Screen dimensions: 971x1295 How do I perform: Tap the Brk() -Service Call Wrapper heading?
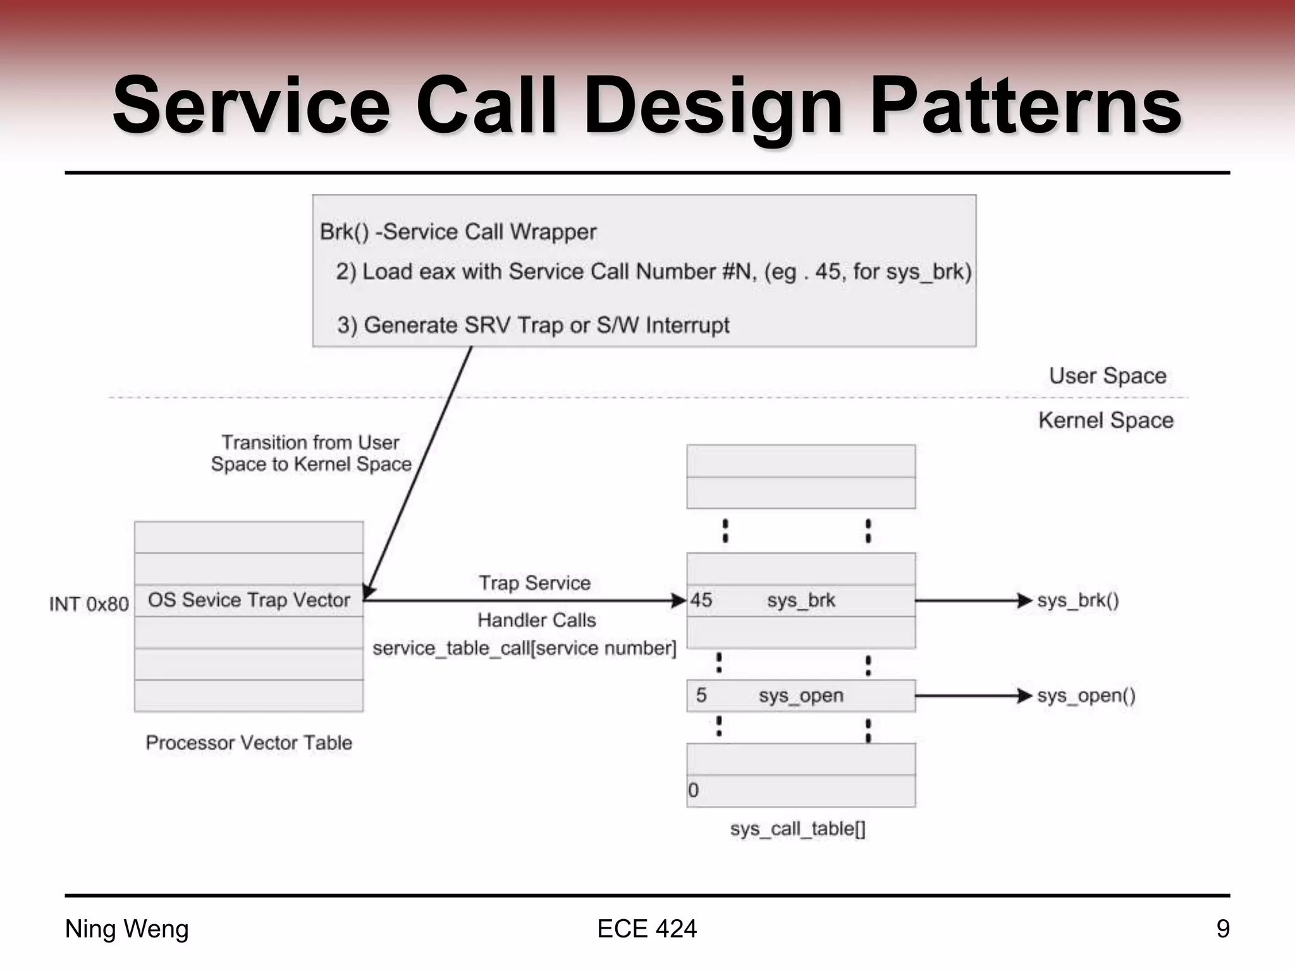tap(458, 232)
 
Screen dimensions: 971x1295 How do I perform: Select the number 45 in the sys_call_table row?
tap(701, 600)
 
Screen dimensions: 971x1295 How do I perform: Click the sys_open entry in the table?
tap(801, 695)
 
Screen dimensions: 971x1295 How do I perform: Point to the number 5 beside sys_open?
tap(701, 695)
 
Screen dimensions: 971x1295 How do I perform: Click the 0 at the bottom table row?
tap(694, 790)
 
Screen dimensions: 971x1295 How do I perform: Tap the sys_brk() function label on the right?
tap(1077, 600)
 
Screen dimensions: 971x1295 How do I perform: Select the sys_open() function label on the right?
tap(1086, 695)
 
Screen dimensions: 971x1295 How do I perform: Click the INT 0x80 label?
tap(89, 604)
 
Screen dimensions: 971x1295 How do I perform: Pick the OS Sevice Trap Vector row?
tap(249, 600)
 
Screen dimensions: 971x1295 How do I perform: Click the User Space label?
tap(1107, 376)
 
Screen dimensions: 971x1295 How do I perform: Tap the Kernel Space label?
tap(1105, 420)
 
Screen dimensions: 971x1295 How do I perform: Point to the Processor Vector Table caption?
tap(249, 742)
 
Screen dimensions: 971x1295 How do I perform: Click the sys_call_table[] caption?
tap(797, 828)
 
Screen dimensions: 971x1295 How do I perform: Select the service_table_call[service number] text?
tap(524, 648)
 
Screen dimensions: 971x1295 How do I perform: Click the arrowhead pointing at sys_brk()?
tap(1024, 600)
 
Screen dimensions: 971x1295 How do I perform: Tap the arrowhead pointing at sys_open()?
tap(1024, 695)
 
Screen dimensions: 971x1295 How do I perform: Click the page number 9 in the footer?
tap(1222, 929)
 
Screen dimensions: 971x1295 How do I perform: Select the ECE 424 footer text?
tap(646, 929)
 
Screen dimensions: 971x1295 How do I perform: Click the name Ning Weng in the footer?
tap(127, 929)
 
